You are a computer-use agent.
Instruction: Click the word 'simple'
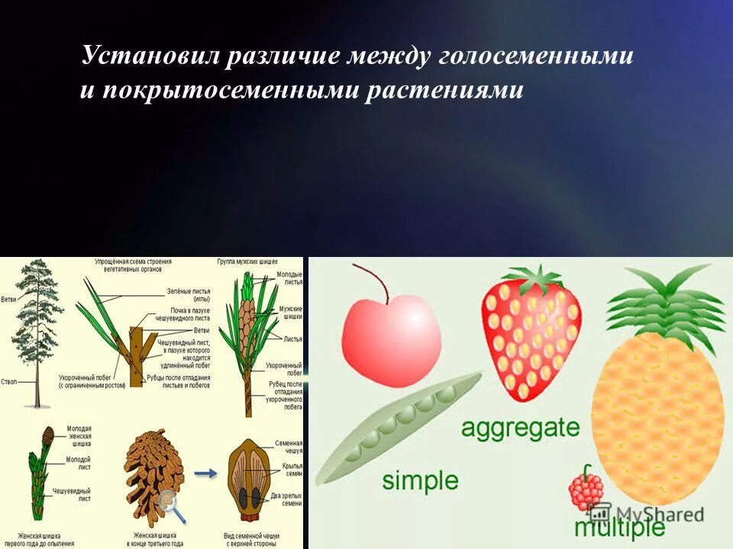[420, 480]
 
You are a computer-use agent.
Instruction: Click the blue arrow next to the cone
[205, 473]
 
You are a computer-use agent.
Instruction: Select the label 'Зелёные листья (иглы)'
[189, 295]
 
